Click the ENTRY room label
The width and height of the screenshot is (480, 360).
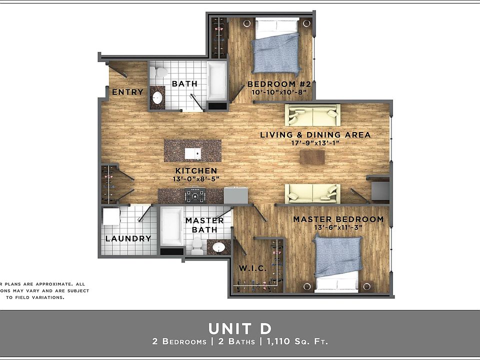click(127, 92)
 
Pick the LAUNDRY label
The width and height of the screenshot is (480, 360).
click(128, 238)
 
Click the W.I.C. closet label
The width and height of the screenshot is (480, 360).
click(251, 269)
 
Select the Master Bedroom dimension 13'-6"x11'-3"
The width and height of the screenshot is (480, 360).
click(338, 228)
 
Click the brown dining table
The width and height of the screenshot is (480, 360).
click(312, 157)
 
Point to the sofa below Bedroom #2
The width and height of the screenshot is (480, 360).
click(312, 115)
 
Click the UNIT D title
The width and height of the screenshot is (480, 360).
click(240, 328)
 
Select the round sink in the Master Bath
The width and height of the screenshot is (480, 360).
click(218, 247)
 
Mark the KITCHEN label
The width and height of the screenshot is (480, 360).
click(195, 170)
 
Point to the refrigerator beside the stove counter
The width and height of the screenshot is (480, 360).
click(236, 194)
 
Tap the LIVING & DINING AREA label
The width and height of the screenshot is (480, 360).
click(315, 134)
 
